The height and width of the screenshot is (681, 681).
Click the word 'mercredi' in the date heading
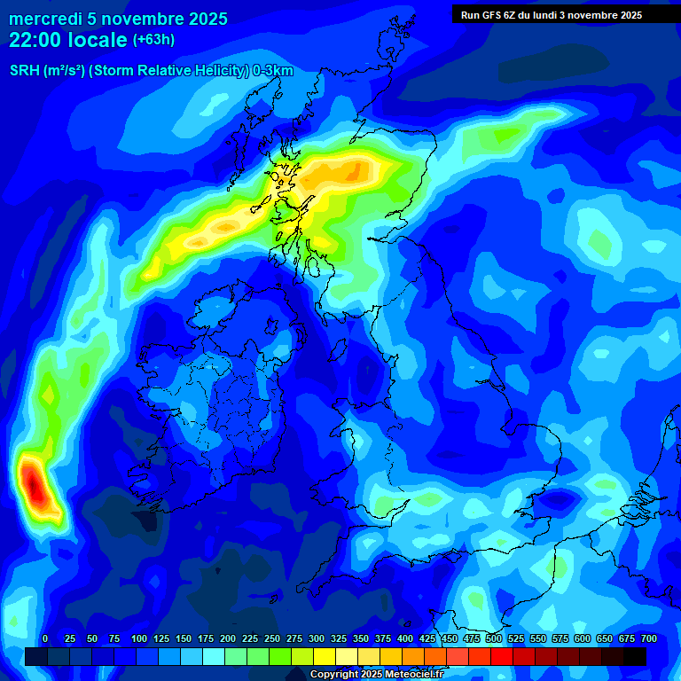point(45,19)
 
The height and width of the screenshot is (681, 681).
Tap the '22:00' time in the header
point(35,40)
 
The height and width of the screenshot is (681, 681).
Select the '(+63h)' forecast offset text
point(154,40)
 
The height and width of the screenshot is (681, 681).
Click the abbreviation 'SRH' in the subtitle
point(24,71)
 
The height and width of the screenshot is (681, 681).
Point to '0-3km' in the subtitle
point(273,71)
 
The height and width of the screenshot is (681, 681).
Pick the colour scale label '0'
point(45,639)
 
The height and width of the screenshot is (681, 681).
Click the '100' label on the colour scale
point(139,639)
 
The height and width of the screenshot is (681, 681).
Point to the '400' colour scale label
point(405,639)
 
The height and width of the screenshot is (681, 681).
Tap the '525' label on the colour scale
point(516,639)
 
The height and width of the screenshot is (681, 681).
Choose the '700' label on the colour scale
point(648,639)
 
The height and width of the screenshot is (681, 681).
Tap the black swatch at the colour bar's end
point(635,656)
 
